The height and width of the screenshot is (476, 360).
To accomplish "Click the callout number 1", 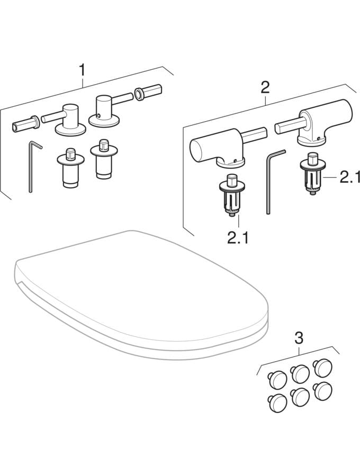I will [82, 69].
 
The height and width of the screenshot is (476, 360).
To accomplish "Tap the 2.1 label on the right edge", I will [349, 178].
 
